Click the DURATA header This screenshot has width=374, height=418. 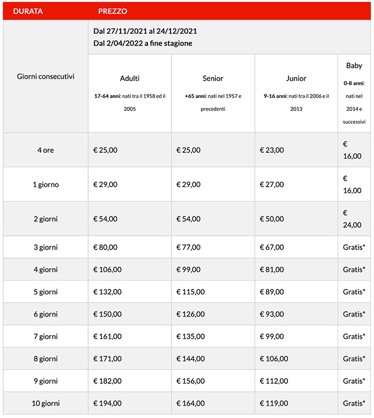(x=28, y=11)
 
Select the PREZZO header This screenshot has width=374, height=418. (x=113, y=11)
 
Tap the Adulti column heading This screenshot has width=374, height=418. (x=130, y=79)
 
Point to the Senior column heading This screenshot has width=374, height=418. (x=213, y=79)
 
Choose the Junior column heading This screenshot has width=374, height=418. (x=296, y=79)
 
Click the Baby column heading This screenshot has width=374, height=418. (x=354, y=66)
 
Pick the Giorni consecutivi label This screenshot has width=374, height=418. (x=45, y=76)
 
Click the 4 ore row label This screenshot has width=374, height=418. (x=45, y=150)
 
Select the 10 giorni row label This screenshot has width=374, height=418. (x=45, y=404)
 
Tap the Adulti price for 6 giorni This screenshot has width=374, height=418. (x=107, y=314)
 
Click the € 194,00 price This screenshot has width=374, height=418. (x=107, y=404)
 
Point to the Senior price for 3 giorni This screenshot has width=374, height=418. (x=189, y=247)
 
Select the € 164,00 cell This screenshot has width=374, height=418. (x=190, y=404)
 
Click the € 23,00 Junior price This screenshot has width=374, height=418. (x=272, y=150)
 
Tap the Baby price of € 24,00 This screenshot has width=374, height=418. (x=352, y=219)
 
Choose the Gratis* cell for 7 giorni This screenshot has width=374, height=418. (x=354, y=336)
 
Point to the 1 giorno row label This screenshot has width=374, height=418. (x=45, y=184)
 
